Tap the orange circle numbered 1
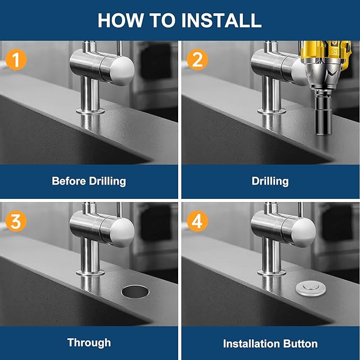(x=15, y=59)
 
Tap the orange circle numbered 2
(x=197, y=59)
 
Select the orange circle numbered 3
(x=15, y=221)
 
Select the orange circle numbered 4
(x=197, y=221)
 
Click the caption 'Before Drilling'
(x=89, y=181)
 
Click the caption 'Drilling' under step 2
(x=270, y=181)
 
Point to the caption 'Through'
(x=89, y=343)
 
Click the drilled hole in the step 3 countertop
(x=136, y=291)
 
